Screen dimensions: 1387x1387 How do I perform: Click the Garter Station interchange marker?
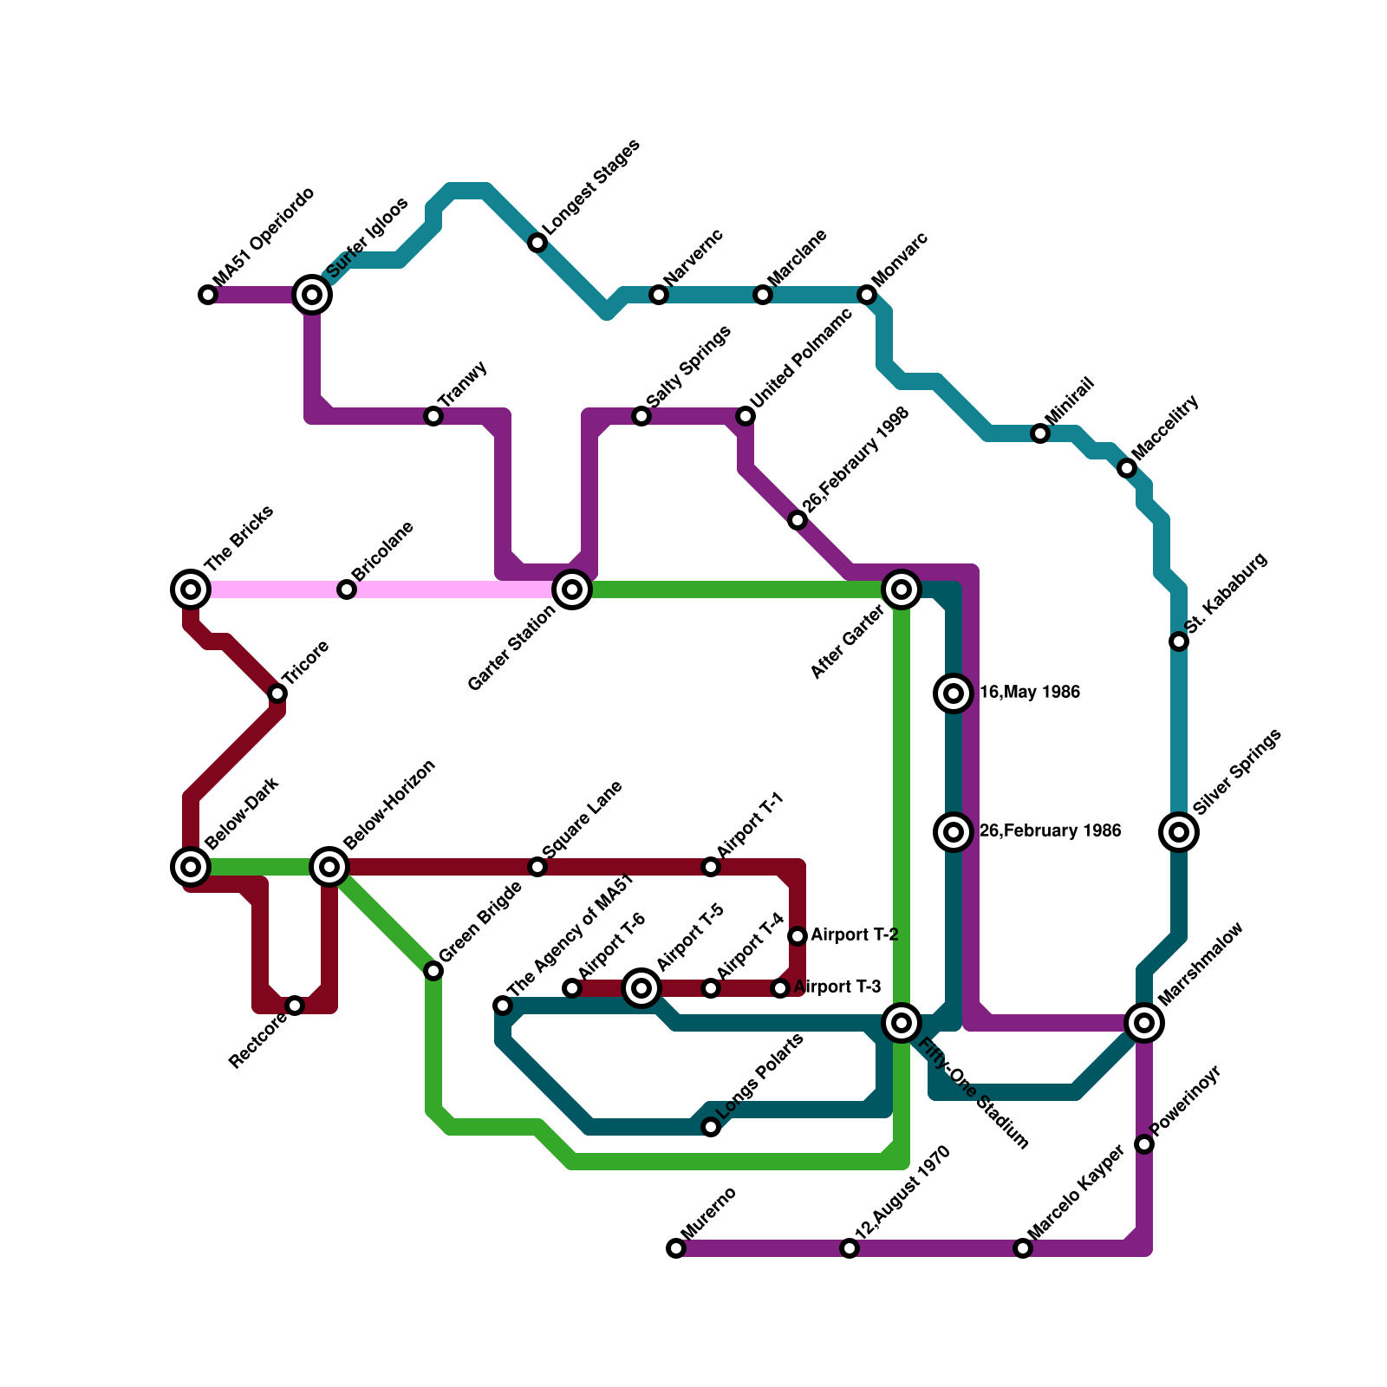tap(572, 589)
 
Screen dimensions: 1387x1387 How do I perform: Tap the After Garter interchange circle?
tap(902, 589)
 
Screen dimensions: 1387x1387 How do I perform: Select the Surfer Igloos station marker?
tap(312, 295)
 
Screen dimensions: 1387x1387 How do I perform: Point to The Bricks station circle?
tap(191, 589)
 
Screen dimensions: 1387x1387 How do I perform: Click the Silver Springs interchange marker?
tap(1179, 832)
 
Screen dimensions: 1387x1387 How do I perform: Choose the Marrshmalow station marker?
tap(1144, 1023)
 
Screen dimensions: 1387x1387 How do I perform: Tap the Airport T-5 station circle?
tap(641, 987)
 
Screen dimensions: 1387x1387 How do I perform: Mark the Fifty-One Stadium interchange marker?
tap(902, 1023)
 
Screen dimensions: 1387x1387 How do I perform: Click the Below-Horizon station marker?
tap(329, 866)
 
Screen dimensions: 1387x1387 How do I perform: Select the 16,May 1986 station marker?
tap(954, 693)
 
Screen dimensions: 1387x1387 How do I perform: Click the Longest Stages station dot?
tap(537, 243)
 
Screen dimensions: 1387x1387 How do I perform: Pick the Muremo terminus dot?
tap(676, 1248)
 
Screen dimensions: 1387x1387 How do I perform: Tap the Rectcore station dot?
tap(295, 1006)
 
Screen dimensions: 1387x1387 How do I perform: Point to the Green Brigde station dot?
tap(433, 971)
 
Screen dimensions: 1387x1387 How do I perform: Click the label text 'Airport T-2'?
tap(854, 935)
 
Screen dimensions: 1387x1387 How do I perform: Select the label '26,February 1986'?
tap(1050, 831)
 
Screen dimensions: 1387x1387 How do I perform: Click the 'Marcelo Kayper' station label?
tap(1076, 1192)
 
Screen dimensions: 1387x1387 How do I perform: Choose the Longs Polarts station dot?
tap(711, 1127)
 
